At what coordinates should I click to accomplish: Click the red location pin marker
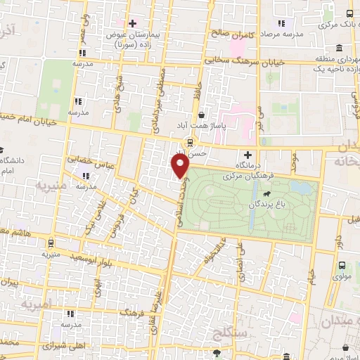click(x=181, y=166)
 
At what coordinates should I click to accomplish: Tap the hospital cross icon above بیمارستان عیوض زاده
click(x=132, y=23)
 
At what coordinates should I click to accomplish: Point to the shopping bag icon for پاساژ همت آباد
click(x=202, y=115)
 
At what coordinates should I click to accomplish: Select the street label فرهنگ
click(x=133, y=309)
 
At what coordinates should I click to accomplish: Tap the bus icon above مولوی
click(x=342, y=266)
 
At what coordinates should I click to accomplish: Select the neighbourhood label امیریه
click(x=37, y=305)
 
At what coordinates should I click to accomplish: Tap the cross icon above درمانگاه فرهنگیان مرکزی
click(x=247, y=155)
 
